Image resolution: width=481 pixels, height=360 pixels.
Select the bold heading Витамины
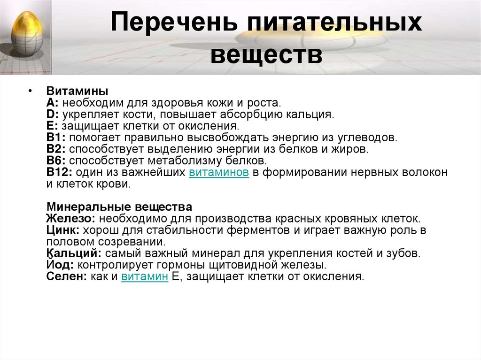[77, 91]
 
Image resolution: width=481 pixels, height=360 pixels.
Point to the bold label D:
[53, 114]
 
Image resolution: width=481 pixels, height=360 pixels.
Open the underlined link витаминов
[219, 172]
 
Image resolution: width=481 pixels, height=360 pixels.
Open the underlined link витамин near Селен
[145, 276]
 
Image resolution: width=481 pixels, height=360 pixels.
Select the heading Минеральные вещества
[119, 207]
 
